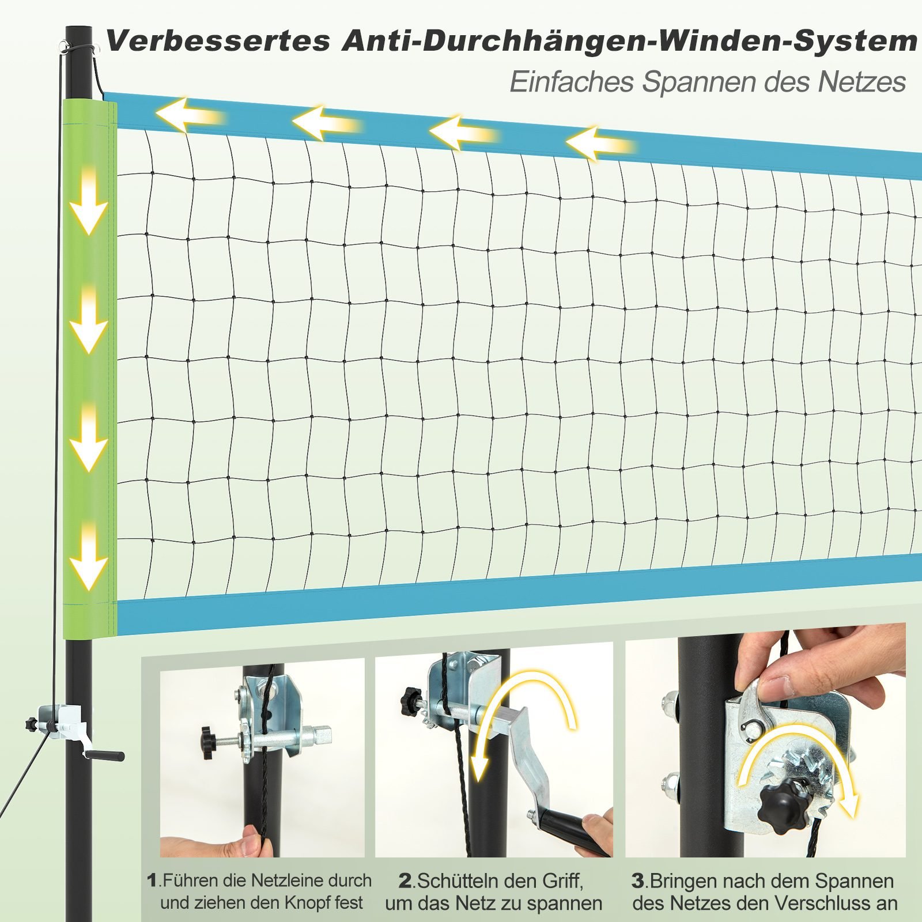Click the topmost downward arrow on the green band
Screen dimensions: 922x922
click(x=89, y=201)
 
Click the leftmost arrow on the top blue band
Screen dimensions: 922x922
click(x=190, y=115)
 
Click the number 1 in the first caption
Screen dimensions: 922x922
click(x=152, y=881)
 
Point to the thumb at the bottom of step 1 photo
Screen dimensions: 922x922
click(x=248, y=842)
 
